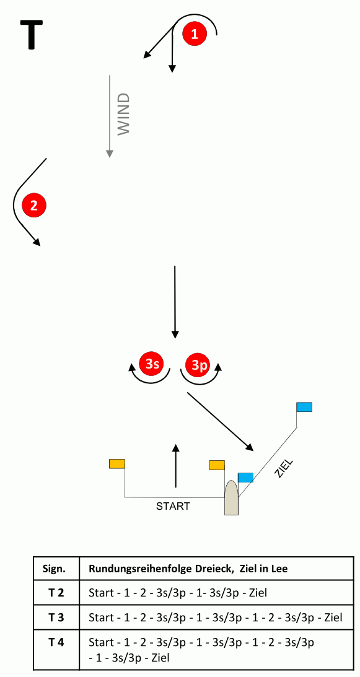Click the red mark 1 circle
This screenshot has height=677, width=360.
click(195, 33)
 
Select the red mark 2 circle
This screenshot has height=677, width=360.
click(33, 204)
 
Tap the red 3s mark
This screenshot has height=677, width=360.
click(151, 364)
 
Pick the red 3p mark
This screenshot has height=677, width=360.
click(198, 365)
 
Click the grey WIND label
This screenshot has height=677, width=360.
click(123, 114)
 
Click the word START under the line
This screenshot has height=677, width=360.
click(173, 506)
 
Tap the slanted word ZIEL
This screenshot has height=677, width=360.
click(284, 468)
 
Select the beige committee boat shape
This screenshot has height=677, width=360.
click(231, 497)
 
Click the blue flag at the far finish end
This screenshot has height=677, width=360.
click(304, 407)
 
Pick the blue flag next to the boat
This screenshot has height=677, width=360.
click(245, 477)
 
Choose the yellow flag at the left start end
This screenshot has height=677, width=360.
click(117, 464)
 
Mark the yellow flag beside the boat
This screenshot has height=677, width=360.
click(217, 465)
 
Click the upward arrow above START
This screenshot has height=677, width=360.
click(175, 465)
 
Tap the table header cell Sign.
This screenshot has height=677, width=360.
click(56, 569)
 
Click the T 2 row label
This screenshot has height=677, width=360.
click(56, 593)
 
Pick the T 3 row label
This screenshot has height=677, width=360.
click(56, 618)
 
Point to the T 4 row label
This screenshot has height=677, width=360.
click(56, 642)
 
